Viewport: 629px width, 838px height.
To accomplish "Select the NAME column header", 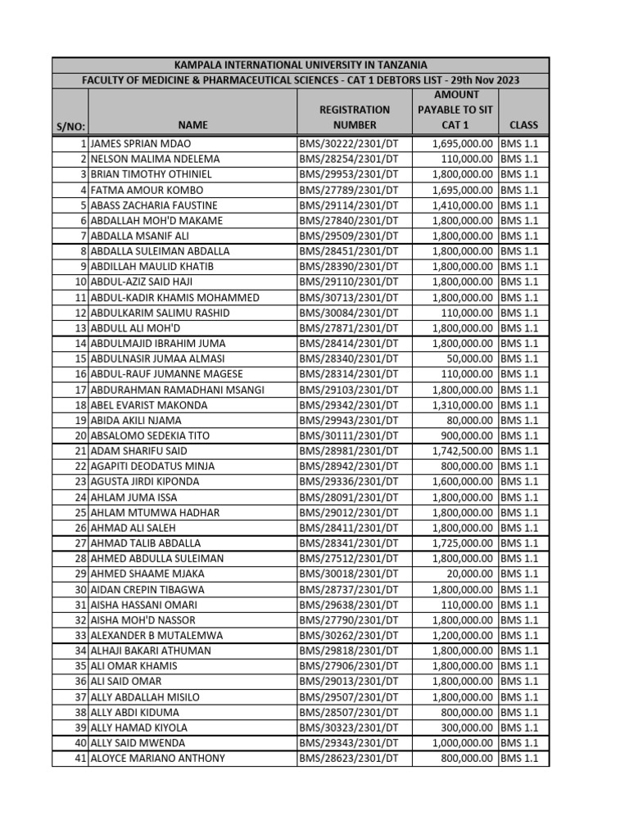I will point(191,125).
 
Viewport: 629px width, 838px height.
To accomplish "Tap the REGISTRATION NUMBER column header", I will point(355,117).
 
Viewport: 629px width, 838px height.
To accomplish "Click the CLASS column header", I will point(523,125).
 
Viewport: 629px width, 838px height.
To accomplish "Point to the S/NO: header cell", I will point(70,127).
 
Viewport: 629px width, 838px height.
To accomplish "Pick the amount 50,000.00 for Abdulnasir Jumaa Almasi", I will point(469,358).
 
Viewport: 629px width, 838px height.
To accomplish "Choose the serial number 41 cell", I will point(80,758).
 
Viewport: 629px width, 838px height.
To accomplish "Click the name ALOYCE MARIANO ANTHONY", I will point(157,758).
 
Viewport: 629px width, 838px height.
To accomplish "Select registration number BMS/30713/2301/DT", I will point(349,297).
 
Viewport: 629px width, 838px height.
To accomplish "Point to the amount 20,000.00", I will point(469,574).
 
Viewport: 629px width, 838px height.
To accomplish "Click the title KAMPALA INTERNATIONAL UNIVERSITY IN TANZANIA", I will point(301,65).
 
